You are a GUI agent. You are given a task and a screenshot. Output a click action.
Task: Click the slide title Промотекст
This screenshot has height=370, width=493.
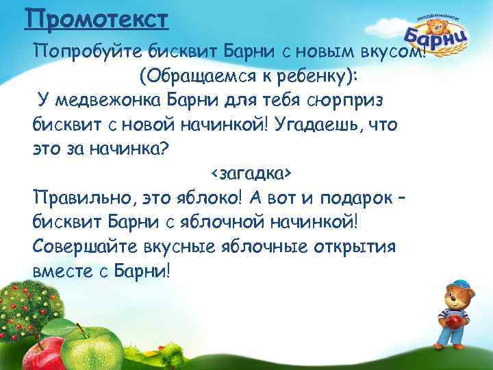click(95, 17)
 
